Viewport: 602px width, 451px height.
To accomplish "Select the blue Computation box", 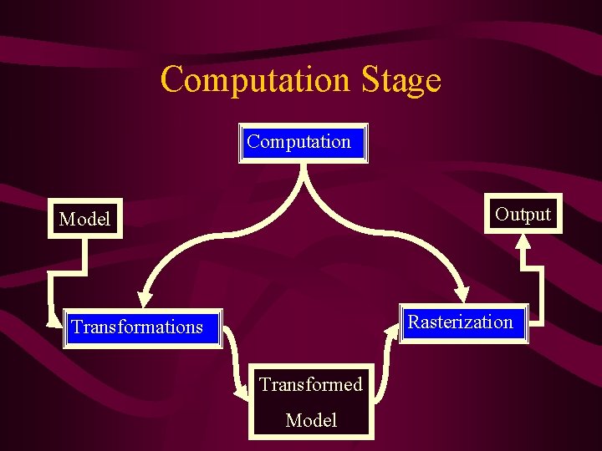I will pyautogui.click(x=303, y=142).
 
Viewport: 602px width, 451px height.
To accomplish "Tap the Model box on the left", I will pyautogui.click(x=84, y=219).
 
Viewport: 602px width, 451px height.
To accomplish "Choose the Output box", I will pyautogui.click(x=523, y=215).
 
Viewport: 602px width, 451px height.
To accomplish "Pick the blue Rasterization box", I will pyautogui.click(x=460, y=322).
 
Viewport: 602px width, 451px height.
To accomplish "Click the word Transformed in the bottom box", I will pyautogui.click(x=310, y=384).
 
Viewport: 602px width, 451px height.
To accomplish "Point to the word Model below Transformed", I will pyautogui.click(x=310, y=420).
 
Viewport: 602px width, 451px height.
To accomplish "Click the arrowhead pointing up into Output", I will pyautogui.click(x=523, y=241).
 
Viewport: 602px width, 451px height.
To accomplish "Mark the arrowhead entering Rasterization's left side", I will pyautogui.click(x=392, y=328).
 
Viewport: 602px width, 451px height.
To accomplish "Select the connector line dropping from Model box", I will pyautogui.click(x=84, y=255).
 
